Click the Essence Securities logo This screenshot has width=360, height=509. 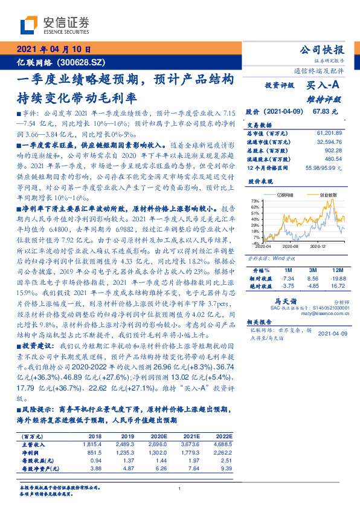coord(55,25)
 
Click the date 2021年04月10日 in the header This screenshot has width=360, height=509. coord(54,50)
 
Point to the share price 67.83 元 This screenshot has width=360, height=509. coord(325,112)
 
